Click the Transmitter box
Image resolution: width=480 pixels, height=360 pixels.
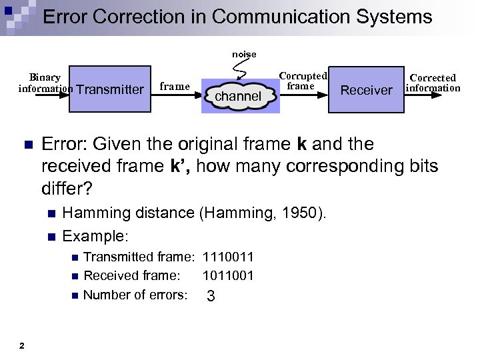tap(109, 89)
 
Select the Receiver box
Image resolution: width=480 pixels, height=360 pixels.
tap(366, 89)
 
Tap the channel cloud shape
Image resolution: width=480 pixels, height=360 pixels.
tap(238, 96)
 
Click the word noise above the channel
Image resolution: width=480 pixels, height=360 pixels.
tap(244, 54)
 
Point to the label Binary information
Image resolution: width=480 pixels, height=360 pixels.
tap(45, 83)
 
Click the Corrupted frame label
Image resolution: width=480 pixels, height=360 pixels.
tap(302, 81)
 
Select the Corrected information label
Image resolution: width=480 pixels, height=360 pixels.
tap(433, 83)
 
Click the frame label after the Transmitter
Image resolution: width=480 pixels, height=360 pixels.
tap(175, 86)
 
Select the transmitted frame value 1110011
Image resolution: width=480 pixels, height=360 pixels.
tap(228, 257)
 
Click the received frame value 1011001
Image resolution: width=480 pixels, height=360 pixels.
tap(228, 275)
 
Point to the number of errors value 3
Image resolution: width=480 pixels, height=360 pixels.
tap(211, 296)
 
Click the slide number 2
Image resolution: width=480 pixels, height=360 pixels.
tap(22, 345)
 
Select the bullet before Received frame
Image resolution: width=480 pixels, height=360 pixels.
tap(74, 276)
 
